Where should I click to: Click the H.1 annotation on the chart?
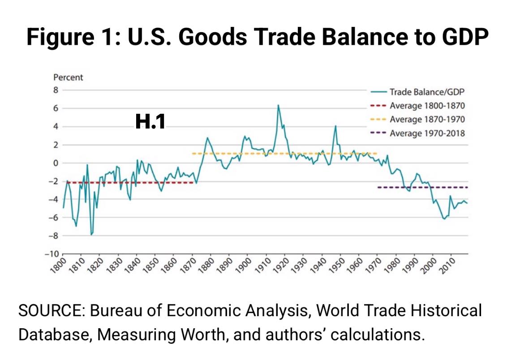[x=150, y=122]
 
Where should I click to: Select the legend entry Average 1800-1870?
[x=427, y=106]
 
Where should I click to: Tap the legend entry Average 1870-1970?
[x=427, y=120]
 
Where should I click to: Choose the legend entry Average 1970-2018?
[x=427, y=133]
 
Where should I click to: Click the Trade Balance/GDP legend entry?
[x=427, y=92]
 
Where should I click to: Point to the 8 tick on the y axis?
[x=56, y=90]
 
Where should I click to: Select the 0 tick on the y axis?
[x=56, y=163]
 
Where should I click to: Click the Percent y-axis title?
[x=68, y=77]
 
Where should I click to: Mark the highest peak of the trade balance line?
[x=278, y=105]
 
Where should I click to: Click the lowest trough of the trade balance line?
[x=91, y=234]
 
